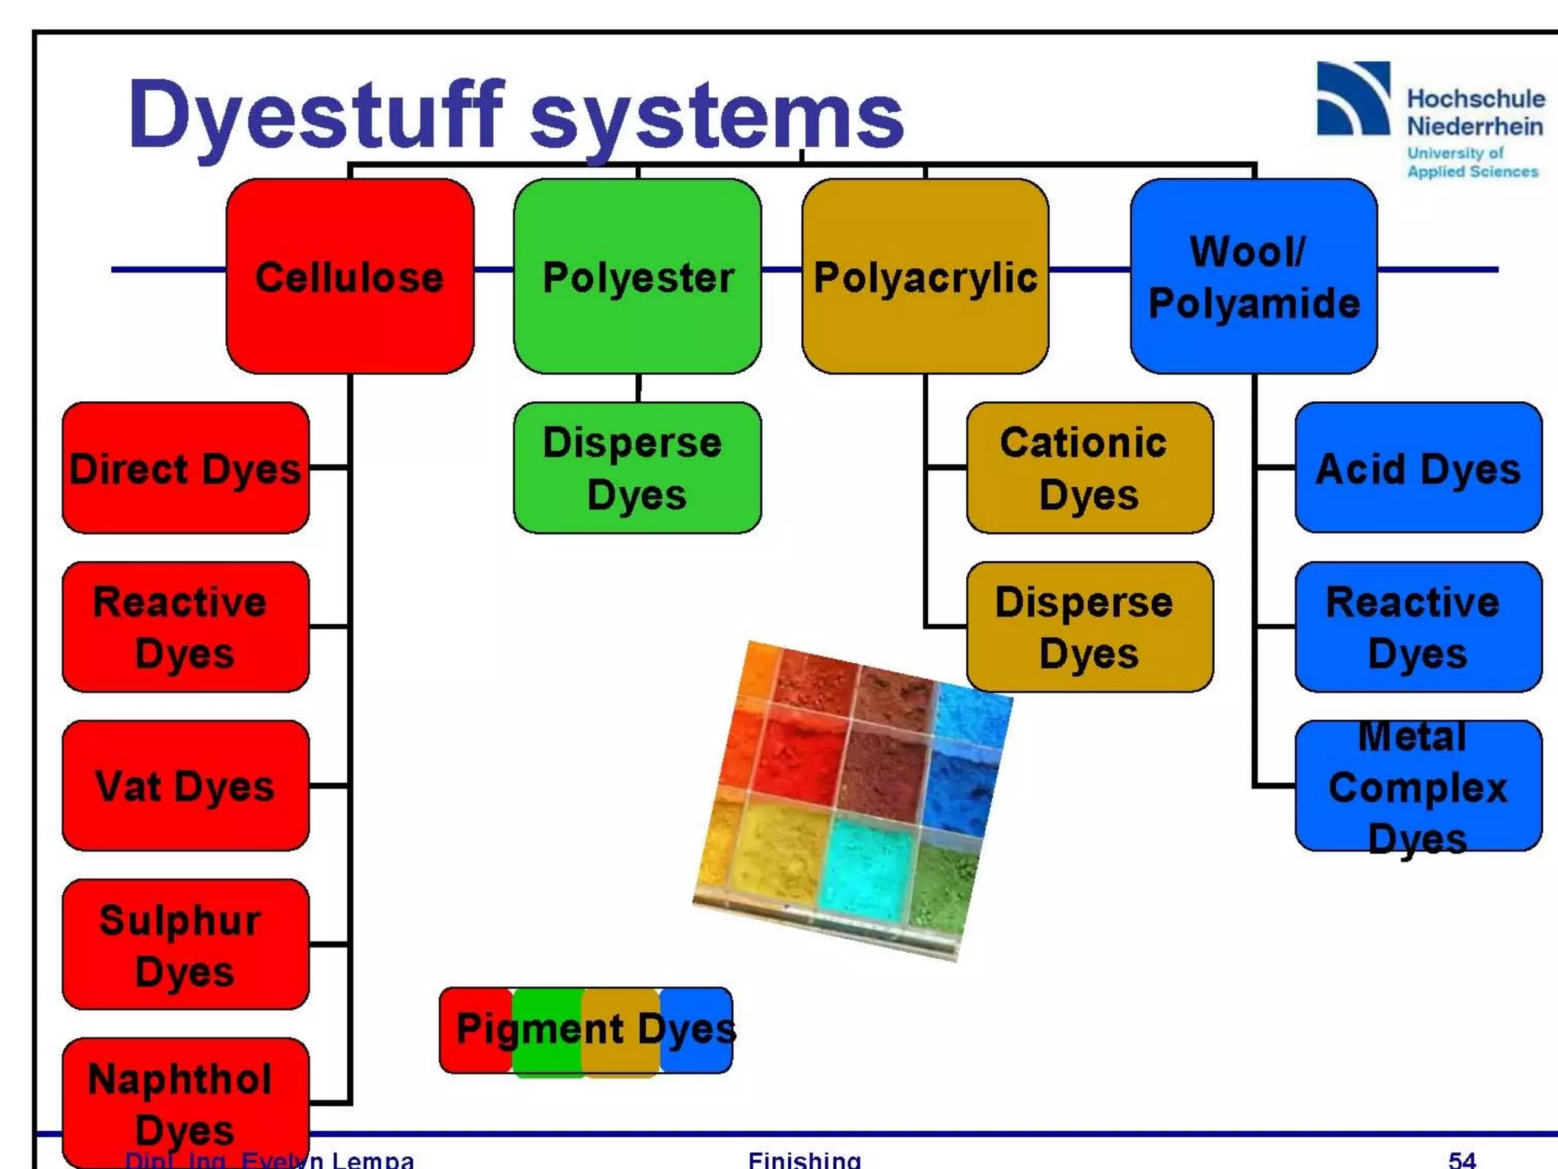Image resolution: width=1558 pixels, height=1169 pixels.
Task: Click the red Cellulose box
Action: coord(350,276)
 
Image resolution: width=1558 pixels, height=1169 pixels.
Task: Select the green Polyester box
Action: coord(638,276)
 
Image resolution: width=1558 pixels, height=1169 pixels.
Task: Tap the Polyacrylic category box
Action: coord(925,276)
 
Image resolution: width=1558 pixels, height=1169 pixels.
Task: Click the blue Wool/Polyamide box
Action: coord(1254,276)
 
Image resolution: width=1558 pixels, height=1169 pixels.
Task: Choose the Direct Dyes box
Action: coord(186,468)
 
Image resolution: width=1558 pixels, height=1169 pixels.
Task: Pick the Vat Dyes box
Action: coord(186,785)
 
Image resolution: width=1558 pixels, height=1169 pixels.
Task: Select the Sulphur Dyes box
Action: coord(186,944)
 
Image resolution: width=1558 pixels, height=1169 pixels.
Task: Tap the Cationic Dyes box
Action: coord(1089,468)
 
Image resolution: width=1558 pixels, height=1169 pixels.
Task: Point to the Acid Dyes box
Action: coord(1418,468)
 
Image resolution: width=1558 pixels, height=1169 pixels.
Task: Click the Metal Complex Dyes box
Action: coord(1418,786)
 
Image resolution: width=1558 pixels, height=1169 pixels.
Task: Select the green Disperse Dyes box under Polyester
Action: coord(638,468)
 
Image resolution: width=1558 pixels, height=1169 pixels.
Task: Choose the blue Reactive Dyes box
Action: coord(1418,627)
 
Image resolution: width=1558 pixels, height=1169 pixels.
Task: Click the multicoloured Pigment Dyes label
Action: coord(587,1030)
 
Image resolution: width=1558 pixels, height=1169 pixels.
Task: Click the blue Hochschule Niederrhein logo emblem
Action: coord(1353,99)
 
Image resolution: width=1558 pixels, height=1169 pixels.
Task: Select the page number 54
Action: coord(1461,1159)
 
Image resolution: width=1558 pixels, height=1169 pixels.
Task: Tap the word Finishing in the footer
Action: coord(804,1159)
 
